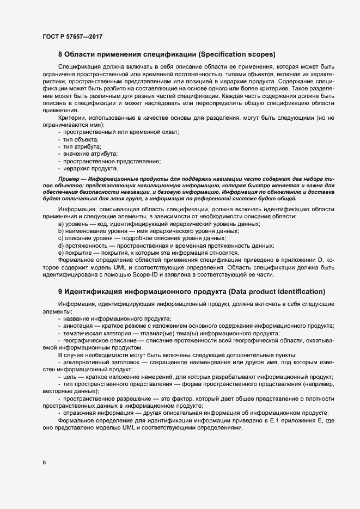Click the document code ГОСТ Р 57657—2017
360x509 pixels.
point(72,36)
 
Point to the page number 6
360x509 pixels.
point(44,463)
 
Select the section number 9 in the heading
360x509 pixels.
point(60,291)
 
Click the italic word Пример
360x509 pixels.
point(70,179)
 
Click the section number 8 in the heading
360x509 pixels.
point(60,54)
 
